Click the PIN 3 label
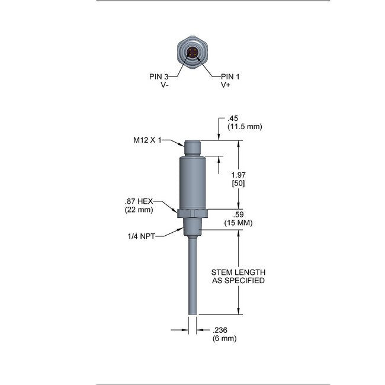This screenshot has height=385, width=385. pos(159,76)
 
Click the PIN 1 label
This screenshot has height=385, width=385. pos(230,76)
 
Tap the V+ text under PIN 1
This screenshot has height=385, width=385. pos(226,85)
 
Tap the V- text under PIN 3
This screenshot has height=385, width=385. pos(164,85)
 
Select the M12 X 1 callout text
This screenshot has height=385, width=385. pos(147,140)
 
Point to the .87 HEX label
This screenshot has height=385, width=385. pos(139,201)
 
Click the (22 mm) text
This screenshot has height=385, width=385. pos(139,210)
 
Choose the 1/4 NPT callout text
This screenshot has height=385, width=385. pos(141,236)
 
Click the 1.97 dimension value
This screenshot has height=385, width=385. pos(239,175)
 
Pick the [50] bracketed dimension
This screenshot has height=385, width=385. pos(239,184)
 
